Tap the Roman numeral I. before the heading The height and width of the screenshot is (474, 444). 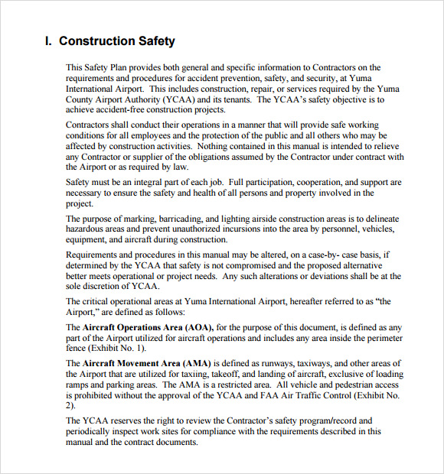[49, 41]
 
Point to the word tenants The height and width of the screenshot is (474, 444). [233, 99]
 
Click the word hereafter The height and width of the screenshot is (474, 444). [288, 301]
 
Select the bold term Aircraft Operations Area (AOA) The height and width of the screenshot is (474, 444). [148, 327]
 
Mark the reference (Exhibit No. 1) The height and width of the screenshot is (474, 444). [116, 348]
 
